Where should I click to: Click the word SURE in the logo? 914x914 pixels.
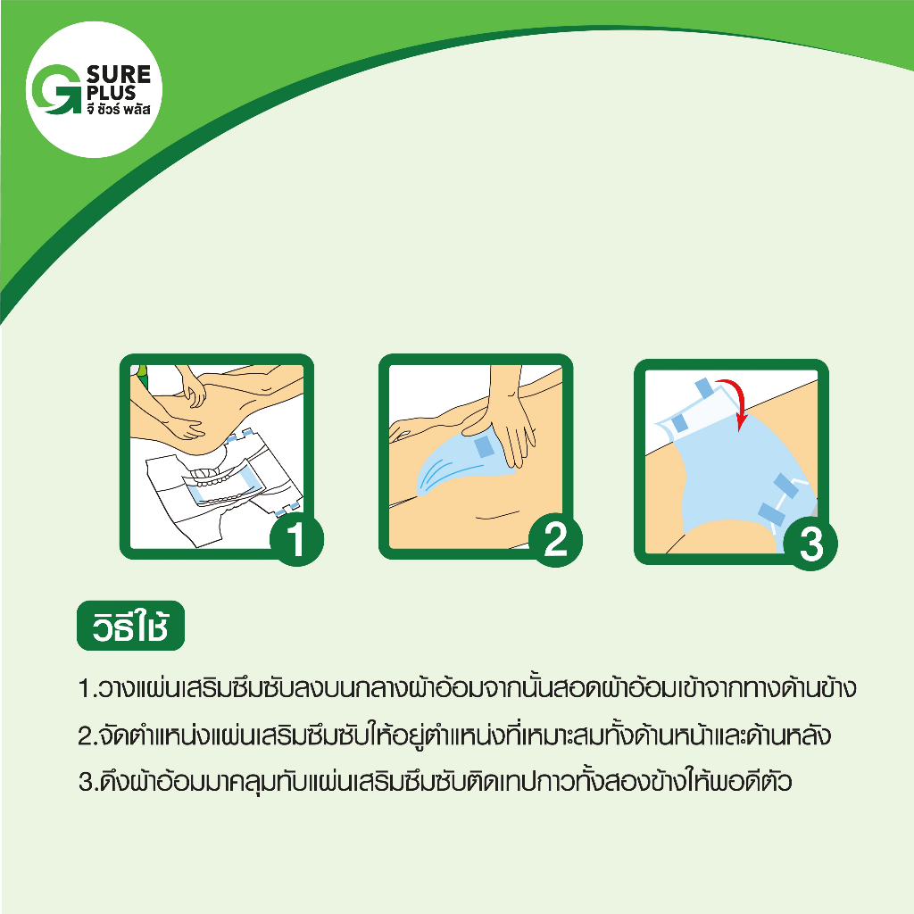[x=119, y=74]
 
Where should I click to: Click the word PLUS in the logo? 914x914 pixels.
[x=111, y=93]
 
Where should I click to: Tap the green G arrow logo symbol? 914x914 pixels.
[x=54, y=89]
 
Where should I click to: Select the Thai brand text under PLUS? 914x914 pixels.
[x=119, y=109]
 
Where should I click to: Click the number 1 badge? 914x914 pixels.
[x=296, y=539]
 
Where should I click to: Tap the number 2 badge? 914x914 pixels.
[x=555, y=539]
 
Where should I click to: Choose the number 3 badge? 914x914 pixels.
[x=810, y=544]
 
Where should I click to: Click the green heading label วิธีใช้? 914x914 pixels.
[x=130, y=626]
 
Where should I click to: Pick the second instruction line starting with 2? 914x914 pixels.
[x=454, y=735]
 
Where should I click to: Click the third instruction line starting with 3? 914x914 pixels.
[x=436, y=782]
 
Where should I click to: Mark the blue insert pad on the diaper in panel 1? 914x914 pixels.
[x=222, y=484]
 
